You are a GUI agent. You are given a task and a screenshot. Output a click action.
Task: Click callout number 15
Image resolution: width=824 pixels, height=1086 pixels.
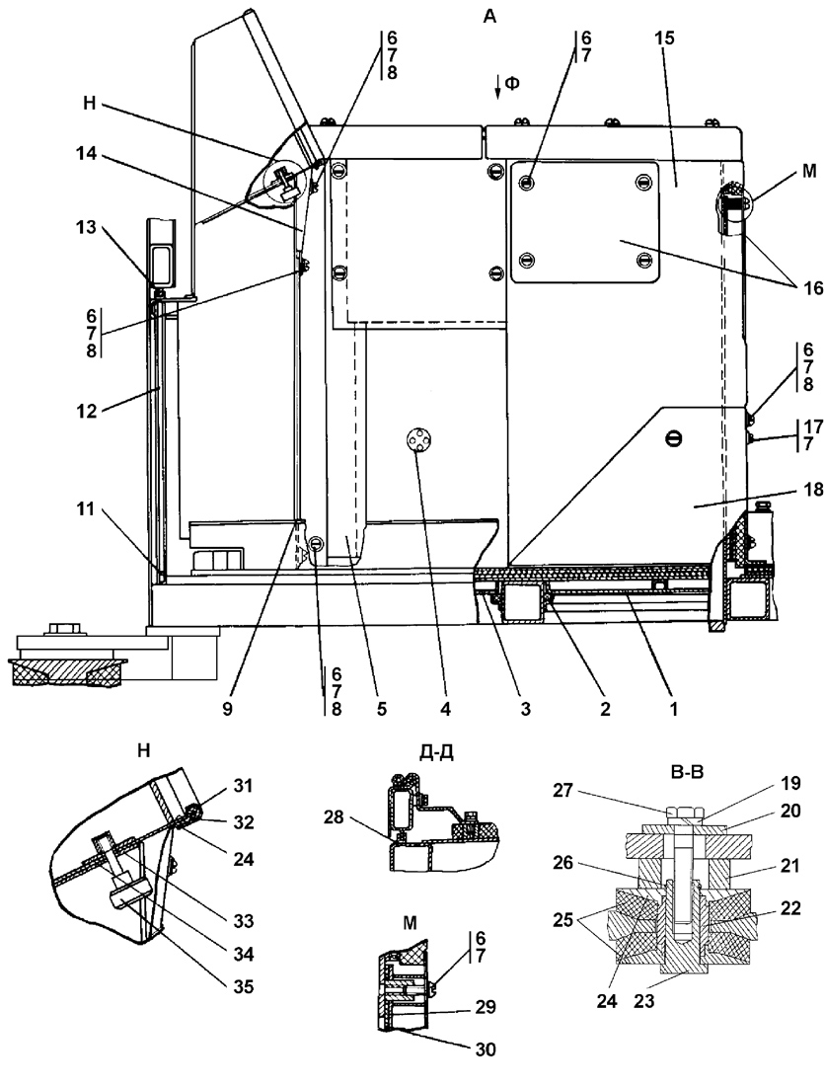pyautogui.click(x=664, y=39)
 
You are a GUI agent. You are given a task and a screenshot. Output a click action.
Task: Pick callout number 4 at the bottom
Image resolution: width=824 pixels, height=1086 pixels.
pyautogui.click(x=445, y=709)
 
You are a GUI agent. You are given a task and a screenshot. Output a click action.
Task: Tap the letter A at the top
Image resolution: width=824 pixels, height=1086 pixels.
pyautogui.click(x=489, y=18)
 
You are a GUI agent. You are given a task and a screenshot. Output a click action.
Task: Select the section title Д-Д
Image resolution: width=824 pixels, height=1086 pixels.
pyautogui.click(x=437, y=752)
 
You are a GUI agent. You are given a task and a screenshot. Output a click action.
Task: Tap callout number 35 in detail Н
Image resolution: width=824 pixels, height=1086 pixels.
pyautogui.click(x=243, y=985)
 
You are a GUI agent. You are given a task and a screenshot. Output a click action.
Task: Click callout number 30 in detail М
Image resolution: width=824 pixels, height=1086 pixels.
pyautogui.click(x=487, y=1050)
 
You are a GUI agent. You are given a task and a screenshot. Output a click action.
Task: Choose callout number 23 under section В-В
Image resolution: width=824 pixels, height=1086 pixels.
pyautogui.click(x=644, y=1001)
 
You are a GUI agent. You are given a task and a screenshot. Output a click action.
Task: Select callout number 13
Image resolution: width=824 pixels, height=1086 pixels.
pyautogui.click(x=87, y=228)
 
